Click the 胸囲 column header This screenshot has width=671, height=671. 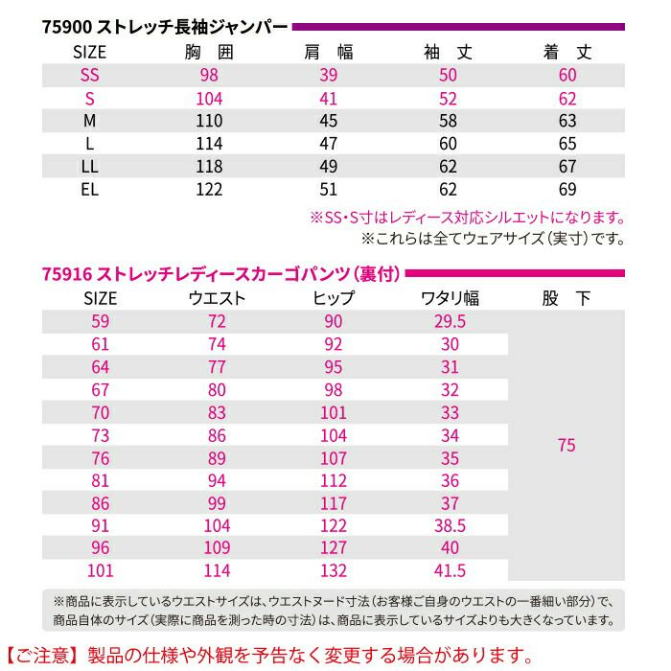209,52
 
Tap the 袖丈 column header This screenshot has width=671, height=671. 449,52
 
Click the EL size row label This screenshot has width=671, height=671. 90,188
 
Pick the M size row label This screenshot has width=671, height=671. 90,121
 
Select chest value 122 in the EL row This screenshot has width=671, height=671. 209,188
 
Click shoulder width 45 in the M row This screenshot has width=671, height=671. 328,121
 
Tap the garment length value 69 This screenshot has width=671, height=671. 567,188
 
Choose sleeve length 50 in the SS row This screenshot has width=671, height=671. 449,76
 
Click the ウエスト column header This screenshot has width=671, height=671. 218,298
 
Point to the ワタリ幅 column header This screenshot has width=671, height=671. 451,298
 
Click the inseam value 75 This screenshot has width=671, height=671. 567,446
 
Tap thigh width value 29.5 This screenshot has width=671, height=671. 450,321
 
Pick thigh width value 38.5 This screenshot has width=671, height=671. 450,525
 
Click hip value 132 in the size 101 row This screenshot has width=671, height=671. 333,571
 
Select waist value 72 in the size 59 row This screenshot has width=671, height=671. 217,321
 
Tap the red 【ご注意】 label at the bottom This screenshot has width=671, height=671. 41,656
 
